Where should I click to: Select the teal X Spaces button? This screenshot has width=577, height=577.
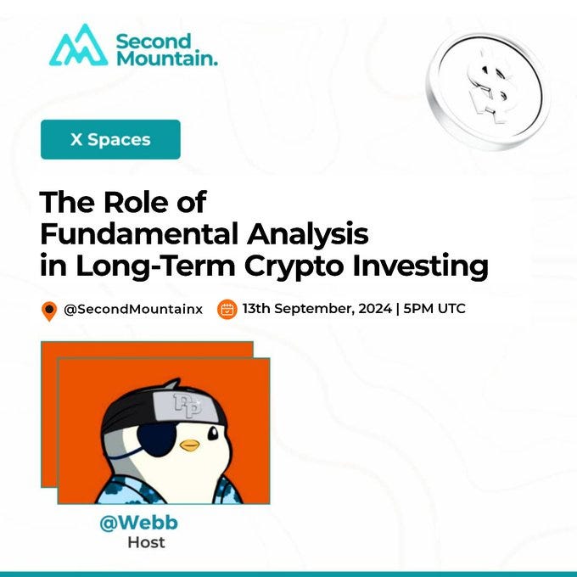(110, 139)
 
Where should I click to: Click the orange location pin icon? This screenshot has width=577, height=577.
(49, 311)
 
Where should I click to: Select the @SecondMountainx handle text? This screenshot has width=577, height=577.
(133, 309)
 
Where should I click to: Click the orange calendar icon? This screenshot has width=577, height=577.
(227, 309)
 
